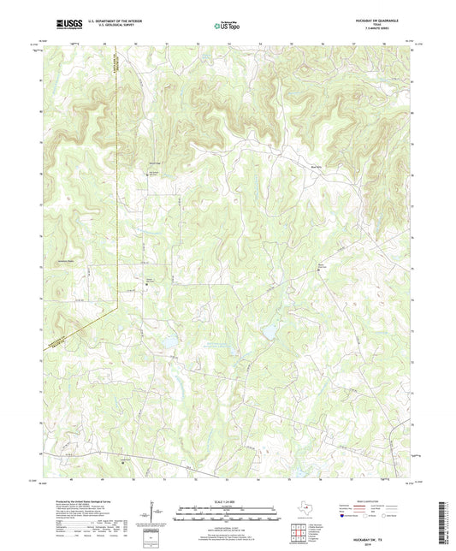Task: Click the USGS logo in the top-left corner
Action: coord(65,25)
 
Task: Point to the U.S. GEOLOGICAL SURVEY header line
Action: coord(110,27)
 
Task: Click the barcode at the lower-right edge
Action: coord(447,522)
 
